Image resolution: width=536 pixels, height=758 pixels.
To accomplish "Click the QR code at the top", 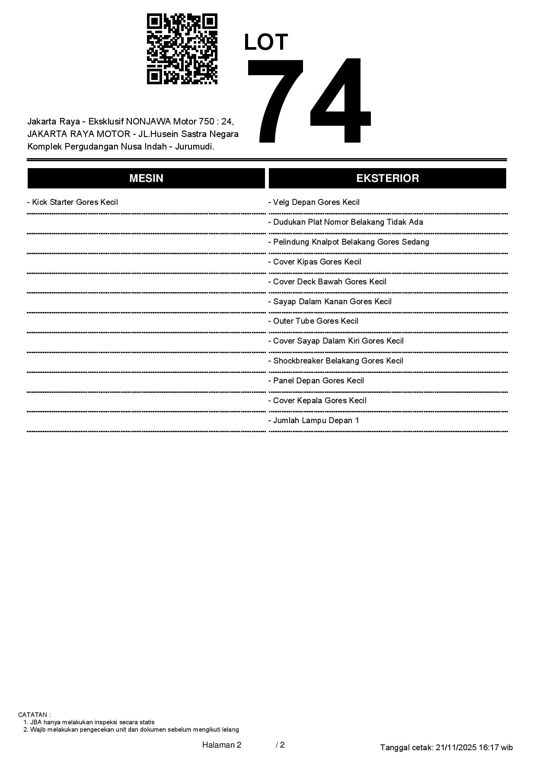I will tap(182, 49).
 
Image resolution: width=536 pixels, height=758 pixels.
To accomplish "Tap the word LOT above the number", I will tap(266, 42).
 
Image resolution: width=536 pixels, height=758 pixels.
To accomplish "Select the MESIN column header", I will tap(146, 178).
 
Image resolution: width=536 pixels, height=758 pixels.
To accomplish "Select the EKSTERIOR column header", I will tap(387, 178).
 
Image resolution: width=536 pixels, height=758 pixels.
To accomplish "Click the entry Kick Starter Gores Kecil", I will tap(73, 202).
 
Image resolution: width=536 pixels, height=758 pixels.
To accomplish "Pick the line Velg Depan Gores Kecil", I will tap(314, 202).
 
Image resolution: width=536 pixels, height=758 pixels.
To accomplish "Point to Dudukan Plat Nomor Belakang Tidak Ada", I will tap(346, 222).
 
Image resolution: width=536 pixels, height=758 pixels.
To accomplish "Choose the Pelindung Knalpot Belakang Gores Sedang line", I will tap(349, 242).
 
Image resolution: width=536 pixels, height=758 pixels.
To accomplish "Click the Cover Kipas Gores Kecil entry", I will tap(315, 262).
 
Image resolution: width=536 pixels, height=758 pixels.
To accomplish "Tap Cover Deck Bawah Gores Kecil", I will tap(328, 282).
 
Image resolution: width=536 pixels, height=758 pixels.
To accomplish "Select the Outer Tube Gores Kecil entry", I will tap(313, 321).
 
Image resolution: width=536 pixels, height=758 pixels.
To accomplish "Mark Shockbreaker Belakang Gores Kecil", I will tap(336, 361).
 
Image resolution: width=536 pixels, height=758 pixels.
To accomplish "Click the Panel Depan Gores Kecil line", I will tap(316, 381).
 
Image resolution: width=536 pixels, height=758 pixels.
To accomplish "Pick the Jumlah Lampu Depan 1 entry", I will tap(314, 420).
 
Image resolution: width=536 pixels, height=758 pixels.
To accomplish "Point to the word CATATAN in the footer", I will tap(34, 715).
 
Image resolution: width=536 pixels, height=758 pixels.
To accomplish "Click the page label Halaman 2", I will tap(222, 745).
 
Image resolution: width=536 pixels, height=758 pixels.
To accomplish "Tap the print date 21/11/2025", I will tap(456, 747).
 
